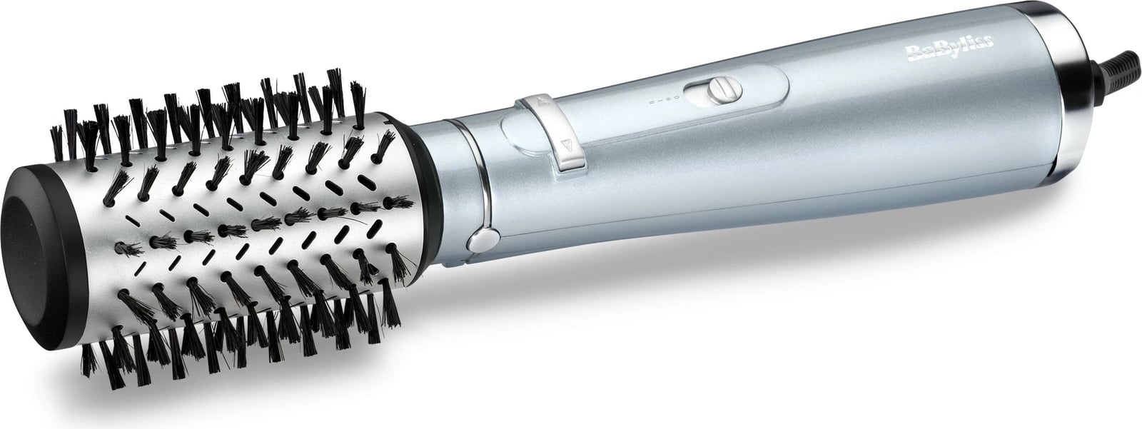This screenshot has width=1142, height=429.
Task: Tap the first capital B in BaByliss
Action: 911,52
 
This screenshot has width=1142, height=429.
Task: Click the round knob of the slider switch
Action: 724,91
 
